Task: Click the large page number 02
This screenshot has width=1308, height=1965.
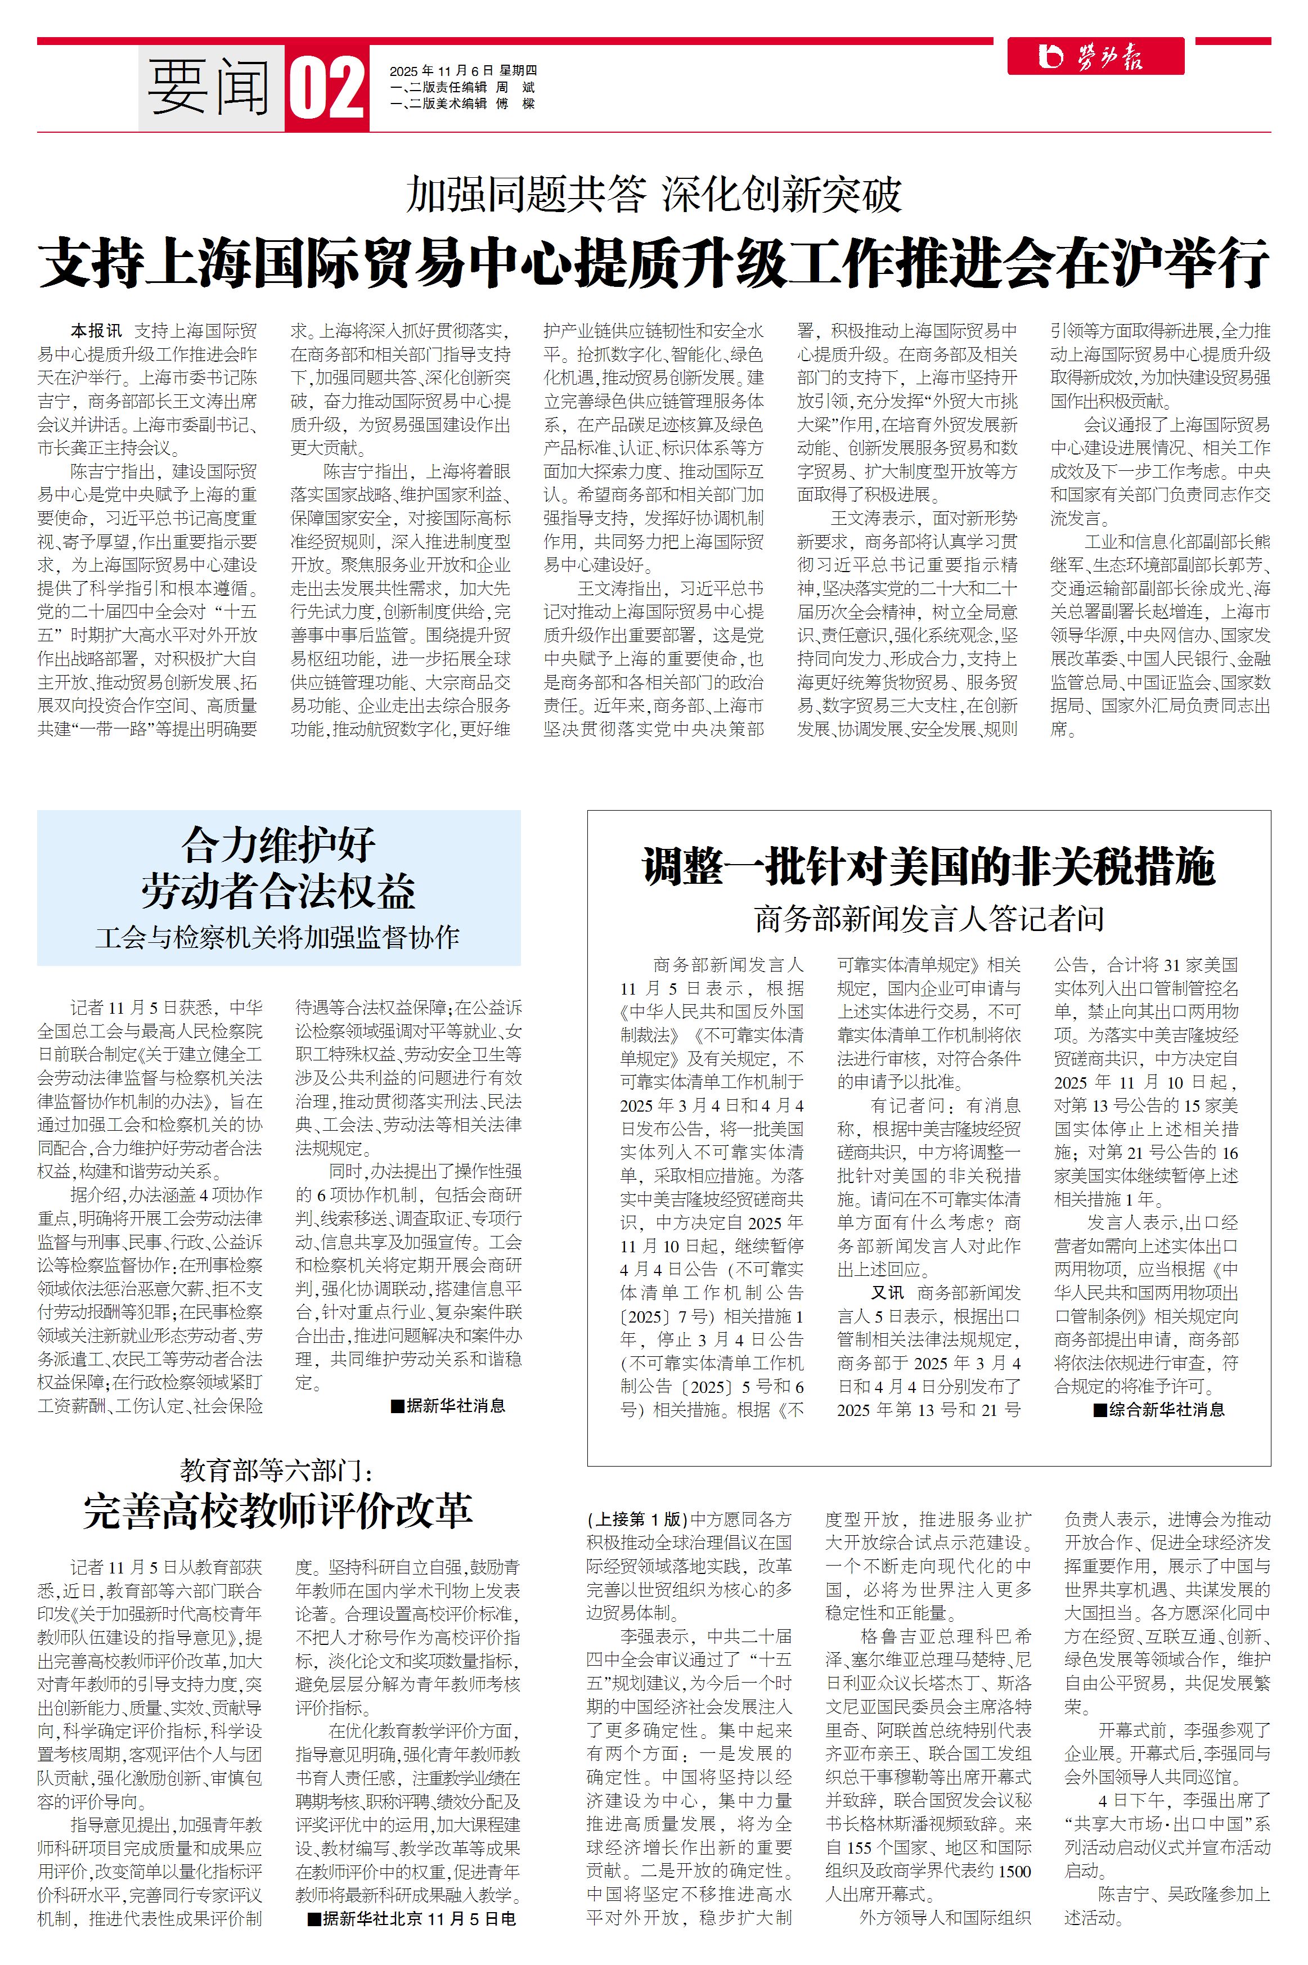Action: pyautogui.click(x=327, y=88)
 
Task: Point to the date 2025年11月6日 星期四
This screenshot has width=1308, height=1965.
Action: pyautogui.click(x=463, y=71)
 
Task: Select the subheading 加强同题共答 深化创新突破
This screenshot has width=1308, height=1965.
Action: pyautogui.click(x=653, y=194)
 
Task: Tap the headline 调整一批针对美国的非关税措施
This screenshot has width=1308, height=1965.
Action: pyautogui.click(x=928, y=866)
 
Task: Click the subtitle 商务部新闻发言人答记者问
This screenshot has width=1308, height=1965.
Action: pyautogui.click(x=928, y=918)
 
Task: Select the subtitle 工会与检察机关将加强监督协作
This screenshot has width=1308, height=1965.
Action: pyautogui.click(x=278, y=937)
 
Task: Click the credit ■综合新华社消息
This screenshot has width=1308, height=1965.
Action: pyautogui.click(x=1159, y=1410)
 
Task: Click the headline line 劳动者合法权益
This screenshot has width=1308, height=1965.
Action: pyautogui.click(x=278, y=891)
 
